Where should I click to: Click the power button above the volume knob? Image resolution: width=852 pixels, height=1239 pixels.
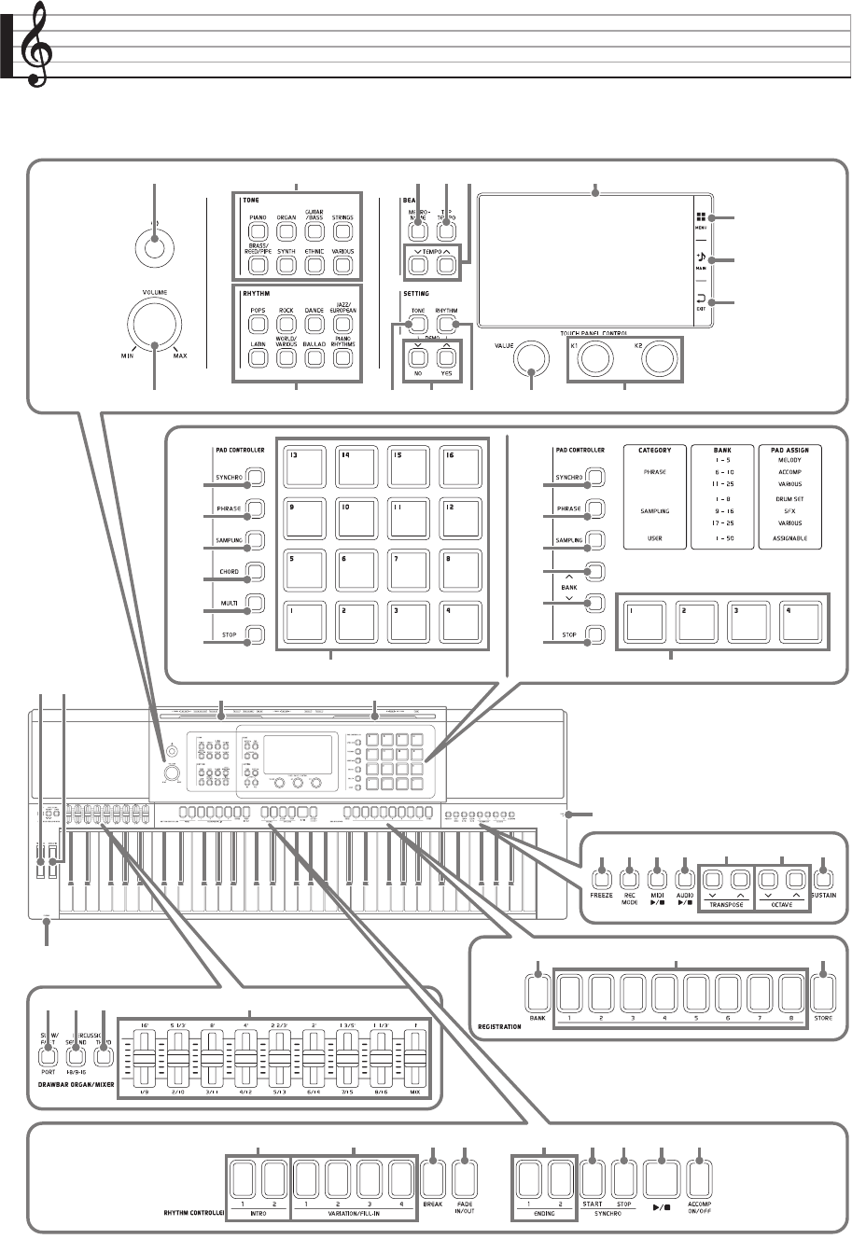[155, 249]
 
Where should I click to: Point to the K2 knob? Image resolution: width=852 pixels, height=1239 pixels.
[658, 355]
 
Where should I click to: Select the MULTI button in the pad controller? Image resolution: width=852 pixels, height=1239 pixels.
[255, 602]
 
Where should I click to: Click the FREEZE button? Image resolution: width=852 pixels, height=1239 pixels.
[601, 877]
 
